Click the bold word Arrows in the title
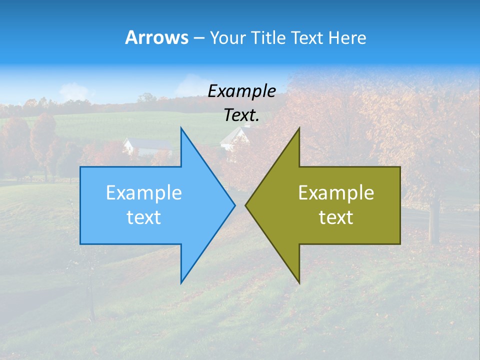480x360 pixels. click(156, 37)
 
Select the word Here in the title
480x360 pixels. click(347, 37)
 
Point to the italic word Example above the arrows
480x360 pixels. click(241, 91)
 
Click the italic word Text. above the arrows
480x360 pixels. click(241, 115)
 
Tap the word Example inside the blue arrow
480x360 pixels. click(144, 192)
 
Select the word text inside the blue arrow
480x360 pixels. click(144, 217)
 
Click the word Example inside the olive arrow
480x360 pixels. click(336, 192)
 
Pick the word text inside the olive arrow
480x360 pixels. click(336, 217)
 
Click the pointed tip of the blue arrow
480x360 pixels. click(234, 205)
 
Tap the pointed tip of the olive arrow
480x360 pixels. click(246, 205)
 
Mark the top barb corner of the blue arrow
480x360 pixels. click(181, 128)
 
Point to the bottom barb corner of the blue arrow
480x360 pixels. click(181, 282)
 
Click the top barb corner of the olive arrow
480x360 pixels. click(299, 128)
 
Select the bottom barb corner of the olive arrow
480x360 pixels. click(299, 282)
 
